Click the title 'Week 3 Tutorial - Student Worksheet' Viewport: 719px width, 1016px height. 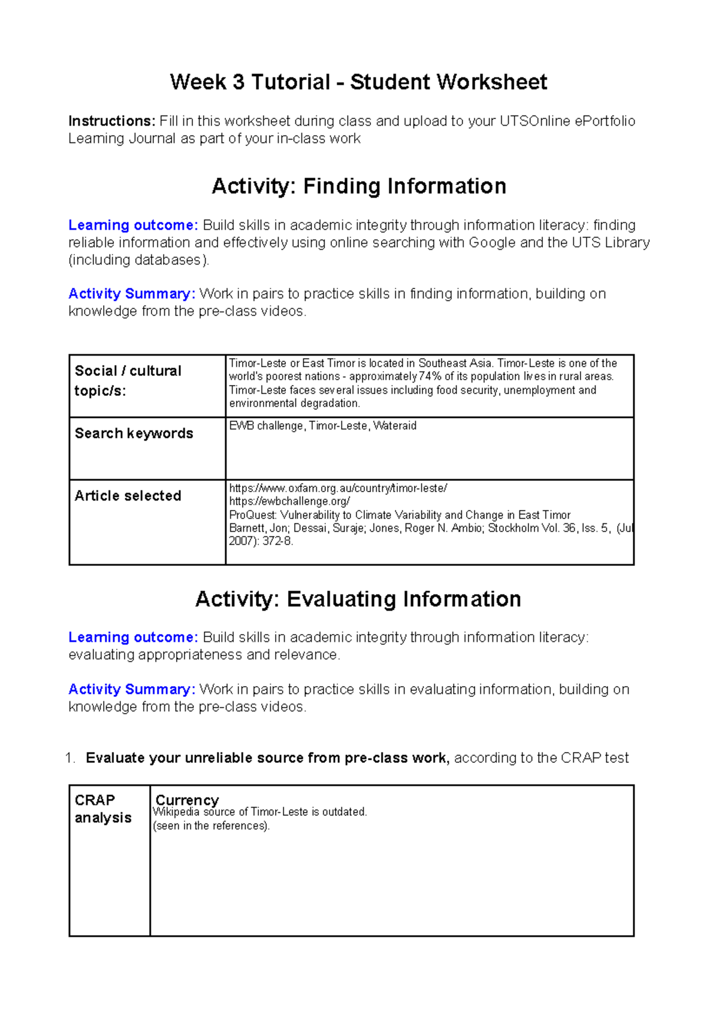tap(358, 82)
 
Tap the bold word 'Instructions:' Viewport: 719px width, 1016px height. tap(112, 122)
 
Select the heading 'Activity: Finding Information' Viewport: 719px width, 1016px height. tap(358, 186)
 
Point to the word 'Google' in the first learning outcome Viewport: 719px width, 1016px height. tap(492, 242)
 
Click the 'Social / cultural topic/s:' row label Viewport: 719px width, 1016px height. tap(128, 381)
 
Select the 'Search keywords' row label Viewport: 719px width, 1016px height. tap(134, 433)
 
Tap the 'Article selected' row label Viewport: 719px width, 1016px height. tap(128, 496)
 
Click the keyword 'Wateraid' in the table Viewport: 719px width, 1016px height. tap(395, 426)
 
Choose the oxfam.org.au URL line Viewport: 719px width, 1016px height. tap(338, 489)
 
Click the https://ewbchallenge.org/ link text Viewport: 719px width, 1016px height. tap(289, 502)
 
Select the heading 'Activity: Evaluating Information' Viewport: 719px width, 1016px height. tap(358, 599)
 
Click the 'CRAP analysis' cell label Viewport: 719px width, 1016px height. tap(102, 809)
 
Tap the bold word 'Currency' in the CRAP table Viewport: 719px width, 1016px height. tap(187, 800)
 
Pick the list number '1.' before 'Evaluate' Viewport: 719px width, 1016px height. tap(70, 758)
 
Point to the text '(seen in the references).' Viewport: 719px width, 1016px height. tap(212, 826)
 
